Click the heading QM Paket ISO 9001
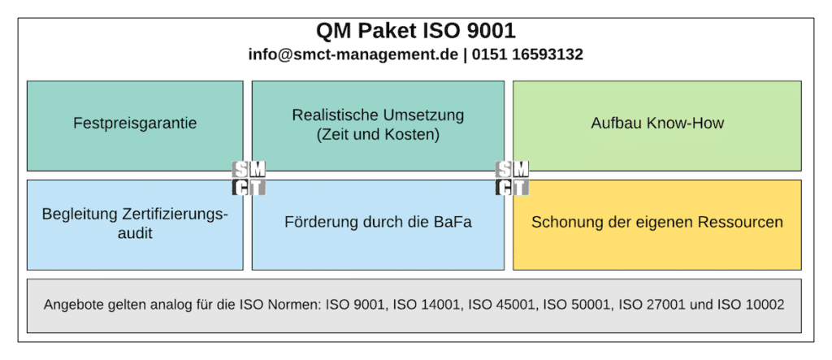click(416, 32)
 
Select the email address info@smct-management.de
click(353, 54)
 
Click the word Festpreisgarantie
click(135, 124)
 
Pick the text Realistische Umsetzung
click(378, 115)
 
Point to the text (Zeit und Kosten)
click(378, 135)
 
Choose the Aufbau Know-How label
click(657, 124)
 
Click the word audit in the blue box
click(135, 233)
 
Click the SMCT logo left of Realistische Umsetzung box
click(249, 178)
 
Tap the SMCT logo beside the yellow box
click(512, 178)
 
